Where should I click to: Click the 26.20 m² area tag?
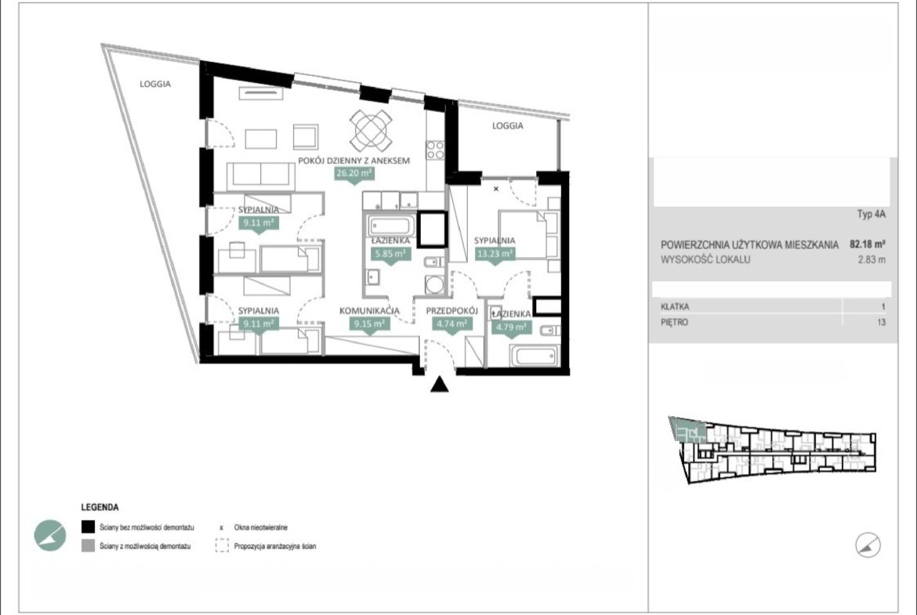click(354, 174)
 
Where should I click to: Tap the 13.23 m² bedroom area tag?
click(495, 254)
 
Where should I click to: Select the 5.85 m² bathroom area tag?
click(391, 254)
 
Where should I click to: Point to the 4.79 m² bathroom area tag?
click(511, 327)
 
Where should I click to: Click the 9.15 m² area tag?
click(369, 324)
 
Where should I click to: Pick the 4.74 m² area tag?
click(451, 324)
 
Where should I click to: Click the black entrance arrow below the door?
click(439, 384)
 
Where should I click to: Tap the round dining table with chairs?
click(371, 130)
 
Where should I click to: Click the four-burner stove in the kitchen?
click(435, 150)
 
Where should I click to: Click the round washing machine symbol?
click(434, 284)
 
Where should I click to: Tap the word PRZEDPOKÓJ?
click(452, 311)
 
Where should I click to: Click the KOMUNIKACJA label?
click(370, 311)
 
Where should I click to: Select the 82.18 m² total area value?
click(868, 244)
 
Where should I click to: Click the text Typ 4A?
click(872, 214)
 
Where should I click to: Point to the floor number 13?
click(881, 322)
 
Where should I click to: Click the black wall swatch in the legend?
click(88, 526)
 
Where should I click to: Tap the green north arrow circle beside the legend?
click(49, 535)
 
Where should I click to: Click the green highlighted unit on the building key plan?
click(688, 429)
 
